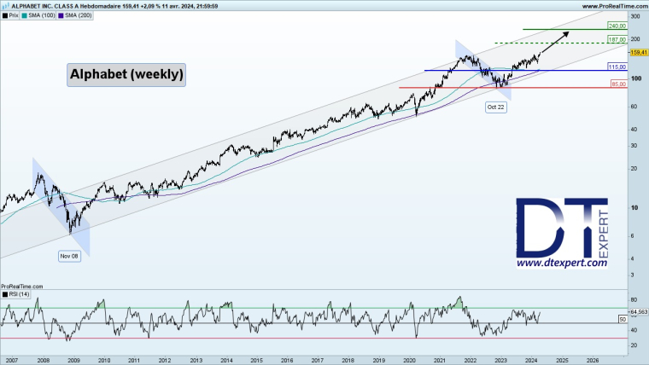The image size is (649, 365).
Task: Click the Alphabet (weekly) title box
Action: [x=126, y=75]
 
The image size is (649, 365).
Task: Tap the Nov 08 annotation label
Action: [x=70, y=255]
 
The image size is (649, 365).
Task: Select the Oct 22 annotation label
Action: [x=497, y=107]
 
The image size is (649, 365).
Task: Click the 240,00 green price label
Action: [x=617, y=26]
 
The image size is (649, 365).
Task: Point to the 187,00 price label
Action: [x=617, y=39]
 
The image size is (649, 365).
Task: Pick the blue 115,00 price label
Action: [x=617, y=67]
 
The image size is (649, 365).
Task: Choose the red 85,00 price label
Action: [x=617, y=84]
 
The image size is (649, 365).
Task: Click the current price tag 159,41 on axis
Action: [x=638, y=52]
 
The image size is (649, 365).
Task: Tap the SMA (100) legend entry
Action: [x=40, y=15]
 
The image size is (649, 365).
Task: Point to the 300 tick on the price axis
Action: [x=634, y=16]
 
